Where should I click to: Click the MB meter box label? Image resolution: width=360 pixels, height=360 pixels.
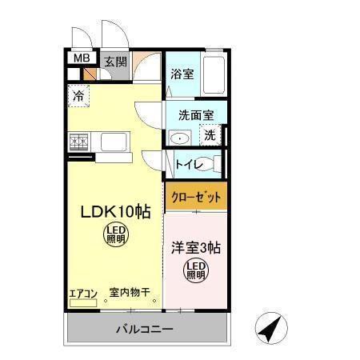point(81,58)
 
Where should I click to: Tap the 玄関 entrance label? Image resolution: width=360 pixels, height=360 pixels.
point(115,59)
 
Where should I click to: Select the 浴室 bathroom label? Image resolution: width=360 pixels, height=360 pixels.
point(182,74)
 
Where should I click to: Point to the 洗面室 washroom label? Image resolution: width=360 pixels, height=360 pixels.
point(195,114)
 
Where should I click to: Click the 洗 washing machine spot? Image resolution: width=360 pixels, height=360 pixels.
point(209,135)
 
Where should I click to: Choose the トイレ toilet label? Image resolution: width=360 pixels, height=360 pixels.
point(190,166)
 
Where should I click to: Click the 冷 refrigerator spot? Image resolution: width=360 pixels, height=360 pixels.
point(78,96)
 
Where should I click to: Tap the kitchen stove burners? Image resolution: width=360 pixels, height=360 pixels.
point(78,142)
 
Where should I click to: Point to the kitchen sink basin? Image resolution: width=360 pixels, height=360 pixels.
point(111,142)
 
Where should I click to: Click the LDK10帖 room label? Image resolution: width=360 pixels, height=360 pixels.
point(114,212)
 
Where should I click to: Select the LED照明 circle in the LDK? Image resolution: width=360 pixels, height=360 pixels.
point(116,234)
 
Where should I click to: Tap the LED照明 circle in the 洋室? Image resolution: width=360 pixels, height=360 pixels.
point(196,270)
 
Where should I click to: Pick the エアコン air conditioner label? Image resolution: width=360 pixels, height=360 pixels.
point(83,294)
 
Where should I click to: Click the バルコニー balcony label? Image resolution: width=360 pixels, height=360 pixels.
point(144,329)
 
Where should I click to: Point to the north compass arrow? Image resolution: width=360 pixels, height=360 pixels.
point(271,327)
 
